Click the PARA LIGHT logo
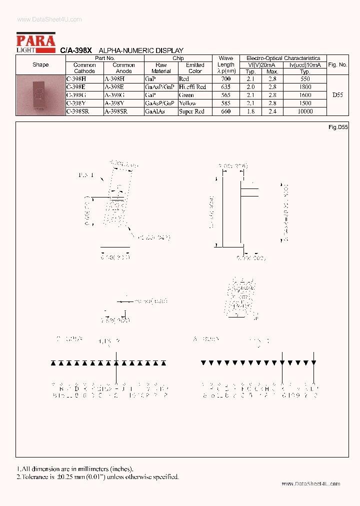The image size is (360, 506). coord(35,42)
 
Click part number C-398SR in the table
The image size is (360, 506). coord(77,111)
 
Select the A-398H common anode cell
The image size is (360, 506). coord(115,79)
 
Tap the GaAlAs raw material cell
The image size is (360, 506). coord(153,111)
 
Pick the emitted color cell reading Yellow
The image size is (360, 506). coord(187,103)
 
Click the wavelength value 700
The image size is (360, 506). coord(225,79)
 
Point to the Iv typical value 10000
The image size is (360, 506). coord(304,111)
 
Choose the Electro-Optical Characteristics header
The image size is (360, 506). coord(283,58)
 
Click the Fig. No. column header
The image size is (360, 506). coord(337,65)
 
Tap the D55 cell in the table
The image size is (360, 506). coord(337,95)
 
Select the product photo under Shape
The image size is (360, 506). coord(40,95)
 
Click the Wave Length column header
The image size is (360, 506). coord(226,65)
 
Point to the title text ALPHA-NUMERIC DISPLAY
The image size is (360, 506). coord(141,50)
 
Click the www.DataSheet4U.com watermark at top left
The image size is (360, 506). coord(49,19)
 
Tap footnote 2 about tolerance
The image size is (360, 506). coord(97,476)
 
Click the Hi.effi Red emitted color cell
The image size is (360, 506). coord(192,87)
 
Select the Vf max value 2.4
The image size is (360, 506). coord(272,111)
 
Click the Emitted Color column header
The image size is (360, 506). coord(195,68)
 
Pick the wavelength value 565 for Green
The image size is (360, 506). coord(225,95)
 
